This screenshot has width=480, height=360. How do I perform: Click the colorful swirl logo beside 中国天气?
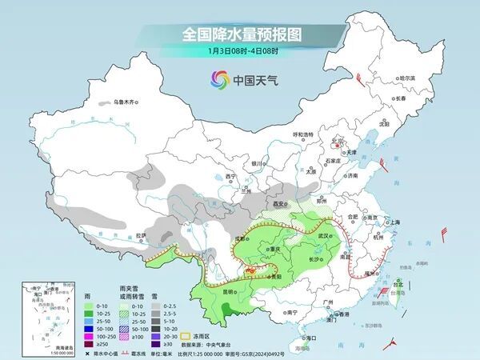tap(219, 79)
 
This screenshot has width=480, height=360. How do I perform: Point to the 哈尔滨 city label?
tap(408, 78)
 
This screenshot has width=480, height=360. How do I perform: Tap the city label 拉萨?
tap(142, 234)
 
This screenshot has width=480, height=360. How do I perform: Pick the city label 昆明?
tap(207, 291)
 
